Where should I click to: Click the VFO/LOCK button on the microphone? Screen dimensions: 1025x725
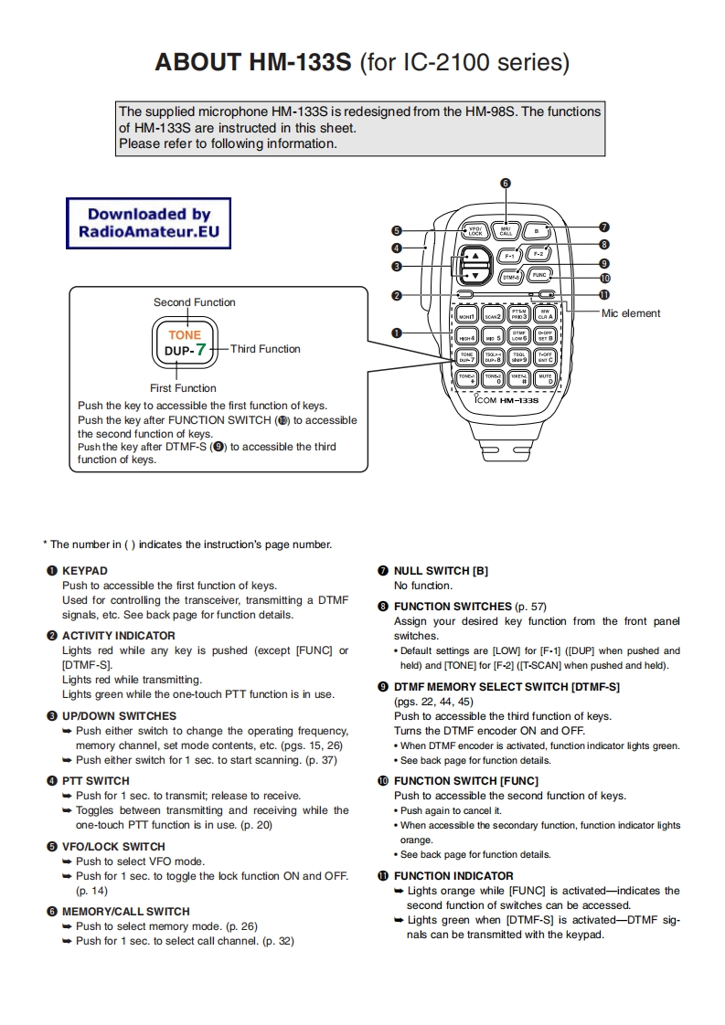point(474,232)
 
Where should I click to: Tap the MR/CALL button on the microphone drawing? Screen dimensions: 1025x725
point(506,231)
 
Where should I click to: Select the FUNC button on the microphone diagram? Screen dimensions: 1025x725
point(539,273)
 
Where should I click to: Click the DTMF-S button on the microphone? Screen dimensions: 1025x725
point(511,275)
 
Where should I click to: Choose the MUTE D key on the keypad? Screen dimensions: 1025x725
point(545,377)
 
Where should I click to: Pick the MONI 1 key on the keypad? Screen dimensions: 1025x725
point(466,315)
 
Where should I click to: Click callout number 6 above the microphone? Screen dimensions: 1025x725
point(506,183)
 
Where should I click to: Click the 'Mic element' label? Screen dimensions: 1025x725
point(631,313)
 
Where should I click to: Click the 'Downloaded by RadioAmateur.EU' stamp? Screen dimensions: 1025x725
point(149,224)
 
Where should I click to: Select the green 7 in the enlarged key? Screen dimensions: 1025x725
point(200,349)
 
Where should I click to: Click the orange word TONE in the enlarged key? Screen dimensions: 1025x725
point(185,335)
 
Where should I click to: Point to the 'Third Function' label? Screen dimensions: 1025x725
point(265,349)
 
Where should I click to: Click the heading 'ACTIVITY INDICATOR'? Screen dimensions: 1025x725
point(118,636)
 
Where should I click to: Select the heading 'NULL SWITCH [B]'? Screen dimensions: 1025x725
point(441,571)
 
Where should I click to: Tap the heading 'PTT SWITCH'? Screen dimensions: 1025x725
point(95,781)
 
